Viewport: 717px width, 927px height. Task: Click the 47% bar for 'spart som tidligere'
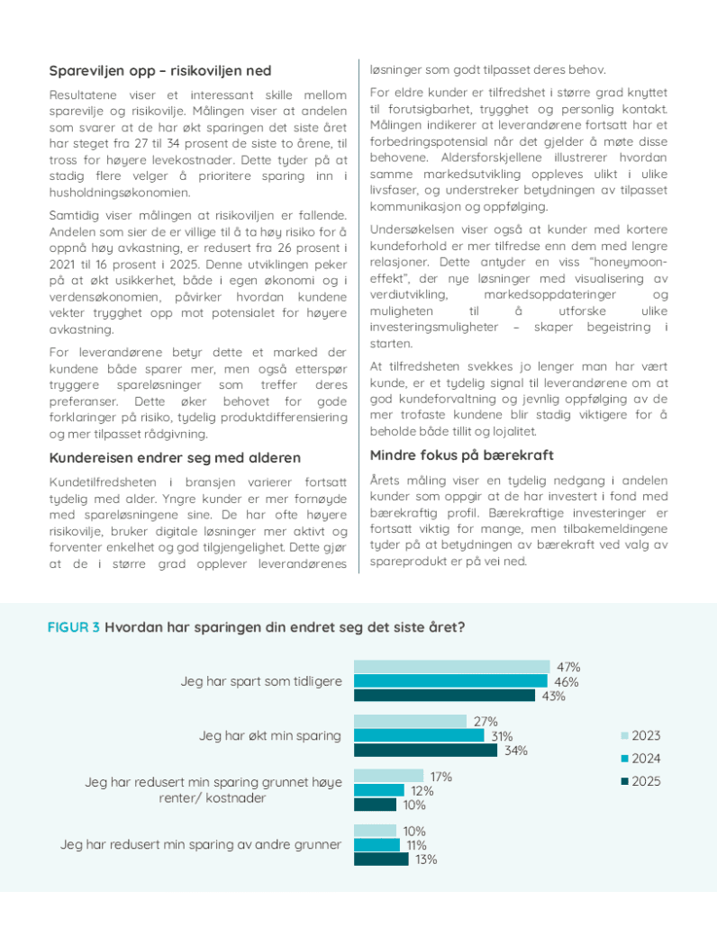click(x=451, y=667)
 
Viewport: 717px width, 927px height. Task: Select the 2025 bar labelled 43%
click(x=443, y=695)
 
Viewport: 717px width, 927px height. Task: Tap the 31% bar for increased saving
click(x=419, y=735)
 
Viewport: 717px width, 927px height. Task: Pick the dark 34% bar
click(x=425, y=750)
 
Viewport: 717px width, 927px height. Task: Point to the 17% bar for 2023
click(x=388, y=776)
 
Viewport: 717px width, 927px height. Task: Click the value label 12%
click(x=422, y=791)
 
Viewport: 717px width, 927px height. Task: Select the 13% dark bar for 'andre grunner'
click(x=381, y=859)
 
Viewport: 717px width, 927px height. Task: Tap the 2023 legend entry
click(x=640, y=736)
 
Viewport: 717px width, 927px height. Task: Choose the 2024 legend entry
click(x=640, y=759)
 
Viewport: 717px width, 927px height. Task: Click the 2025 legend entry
click(x=640, y=781)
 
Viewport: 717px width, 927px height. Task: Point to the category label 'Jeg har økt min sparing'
click(x=270, y=735)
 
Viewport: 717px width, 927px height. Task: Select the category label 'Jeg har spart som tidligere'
click(x=261, y=681)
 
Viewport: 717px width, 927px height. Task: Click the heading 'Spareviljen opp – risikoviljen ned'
click(x=159, y=71)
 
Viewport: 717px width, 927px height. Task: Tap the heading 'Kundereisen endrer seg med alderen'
click(x=175, y=458)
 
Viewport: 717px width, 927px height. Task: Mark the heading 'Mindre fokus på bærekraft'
click(x=462, y=454)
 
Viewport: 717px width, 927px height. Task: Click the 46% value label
click(x=567, y=681)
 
